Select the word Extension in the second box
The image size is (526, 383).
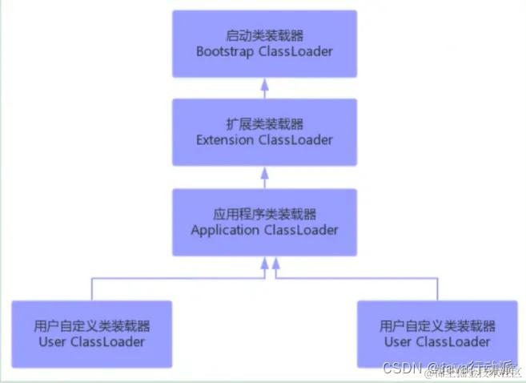tap(225, 140)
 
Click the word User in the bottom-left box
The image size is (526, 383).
tap(52, 341)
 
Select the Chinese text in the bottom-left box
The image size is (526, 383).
tap(92, 326)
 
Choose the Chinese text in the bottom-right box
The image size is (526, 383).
tap(437, 326)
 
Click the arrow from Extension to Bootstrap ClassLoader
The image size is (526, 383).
tap(264, 87)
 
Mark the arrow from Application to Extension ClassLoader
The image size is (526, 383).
tap(264, 177)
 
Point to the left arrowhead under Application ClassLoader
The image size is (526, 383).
tap(264, 264)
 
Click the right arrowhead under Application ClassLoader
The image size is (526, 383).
tap(275, 264)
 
